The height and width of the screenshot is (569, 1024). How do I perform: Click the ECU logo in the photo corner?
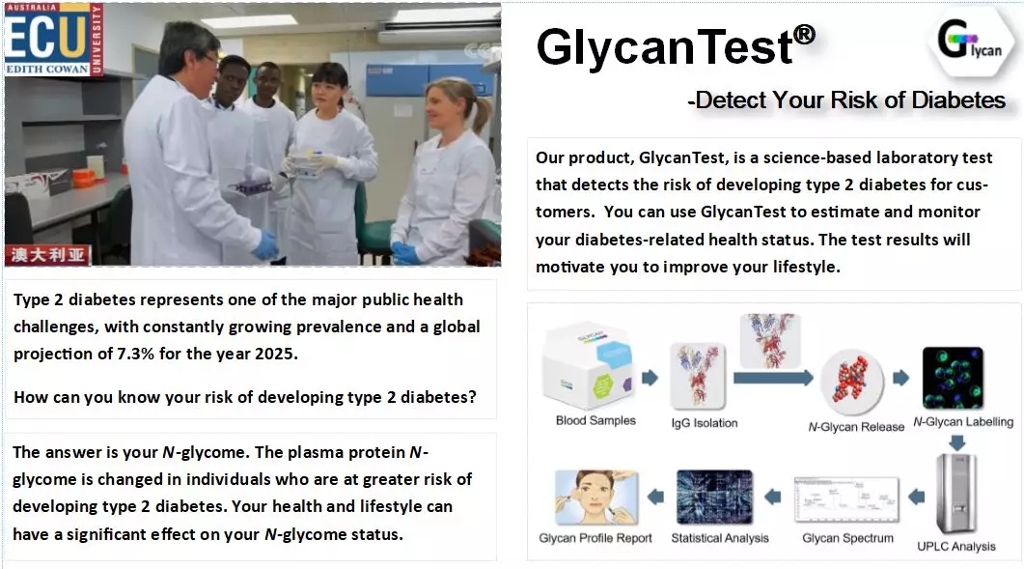(x=53, y=40)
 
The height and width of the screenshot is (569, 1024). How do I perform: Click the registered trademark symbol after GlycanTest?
(x=804, y=35)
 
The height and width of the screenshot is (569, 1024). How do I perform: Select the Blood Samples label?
(x=595, y=420)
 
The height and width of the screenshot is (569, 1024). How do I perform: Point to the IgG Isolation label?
(x=704, y=423)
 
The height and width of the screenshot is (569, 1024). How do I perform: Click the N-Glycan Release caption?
(x=856, y=427)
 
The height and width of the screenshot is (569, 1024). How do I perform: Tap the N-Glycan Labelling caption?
(x=963, y=422)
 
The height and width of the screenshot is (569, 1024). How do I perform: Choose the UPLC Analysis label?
(x=956, y=546)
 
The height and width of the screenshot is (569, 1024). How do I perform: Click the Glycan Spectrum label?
(x=847, y=538)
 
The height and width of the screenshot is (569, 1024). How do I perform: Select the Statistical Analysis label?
(x=720, y=538)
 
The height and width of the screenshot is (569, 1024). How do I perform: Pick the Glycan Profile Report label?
(x=595, y=538)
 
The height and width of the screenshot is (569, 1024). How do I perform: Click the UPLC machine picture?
(x=956, y=494)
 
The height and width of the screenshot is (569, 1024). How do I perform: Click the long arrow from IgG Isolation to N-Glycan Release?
(x=773, y=378)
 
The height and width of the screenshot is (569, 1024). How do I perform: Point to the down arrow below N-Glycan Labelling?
(x=956, y=442)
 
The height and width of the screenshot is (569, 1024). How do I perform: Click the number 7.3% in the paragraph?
(x=136, y=354)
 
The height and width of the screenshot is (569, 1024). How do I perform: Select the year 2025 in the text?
(x=274, y=354)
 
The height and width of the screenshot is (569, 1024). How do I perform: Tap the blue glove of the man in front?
(x=266, y=244)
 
